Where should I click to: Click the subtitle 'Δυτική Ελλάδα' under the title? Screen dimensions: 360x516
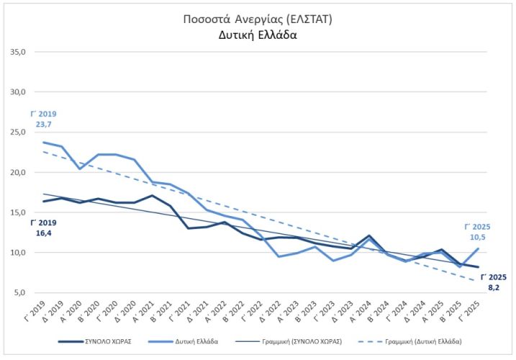(258, 34)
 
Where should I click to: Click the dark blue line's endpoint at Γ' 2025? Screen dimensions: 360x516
(479, 267)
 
